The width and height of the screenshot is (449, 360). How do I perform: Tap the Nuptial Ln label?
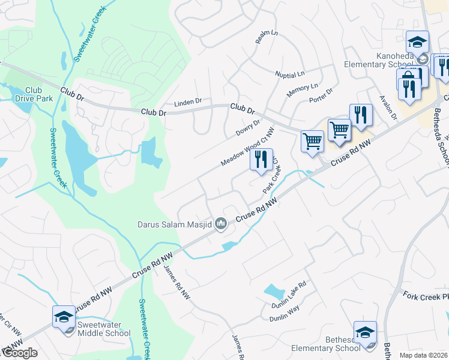tap(290, 75)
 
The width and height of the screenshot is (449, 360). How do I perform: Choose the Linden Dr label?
tap(188, 103)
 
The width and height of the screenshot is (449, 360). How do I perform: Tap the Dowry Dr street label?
tap(248, 128)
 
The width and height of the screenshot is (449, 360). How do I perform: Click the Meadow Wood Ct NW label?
tap(247, 147)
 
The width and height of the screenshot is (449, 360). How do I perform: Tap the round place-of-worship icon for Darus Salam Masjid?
tap(221, 224)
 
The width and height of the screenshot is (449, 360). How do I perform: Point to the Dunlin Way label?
tap(286, 310)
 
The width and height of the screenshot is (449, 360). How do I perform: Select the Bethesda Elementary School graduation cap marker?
tap(365, 332)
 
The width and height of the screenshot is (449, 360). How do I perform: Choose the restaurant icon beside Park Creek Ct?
tap(261, 160)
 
